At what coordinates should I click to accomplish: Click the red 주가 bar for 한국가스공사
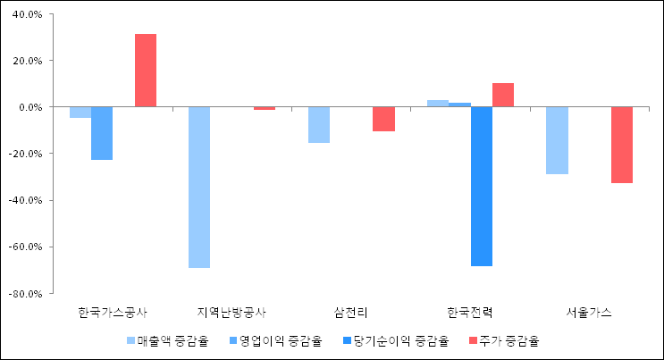146,71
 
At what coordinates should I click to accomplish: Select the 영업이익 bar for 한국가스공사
102,133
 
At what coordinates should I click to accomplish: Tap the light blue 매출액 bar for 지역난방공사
199,187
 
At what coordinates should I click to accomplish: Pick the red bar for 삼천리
383,119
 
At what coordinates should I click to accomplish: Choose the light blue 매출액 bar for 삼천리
319,125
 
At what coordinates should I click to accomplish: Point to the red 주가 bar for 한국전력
503,95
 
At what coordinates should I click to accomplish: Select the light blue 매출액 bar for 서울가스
557,140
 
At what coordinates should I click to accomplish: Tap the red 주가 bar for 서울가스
622,145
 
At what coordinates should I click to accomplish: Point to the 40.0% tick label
27,15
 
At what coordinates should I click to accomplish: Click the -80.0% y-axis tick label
25,293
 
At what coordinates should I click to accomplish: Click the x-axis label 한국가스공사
113,313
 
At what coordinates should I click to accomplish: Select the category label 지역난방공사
231,313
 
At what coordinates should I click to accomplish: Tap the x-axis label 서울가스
589,313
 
